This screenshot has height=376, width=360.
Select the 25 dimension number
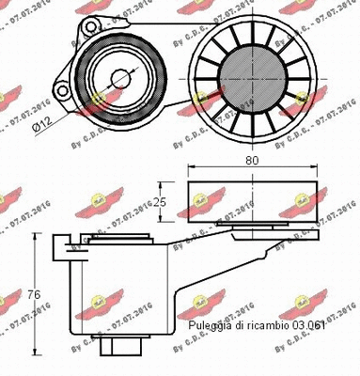coord(159,201)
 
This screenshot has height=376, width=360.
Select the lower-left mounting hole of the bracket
coord(62,91)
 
